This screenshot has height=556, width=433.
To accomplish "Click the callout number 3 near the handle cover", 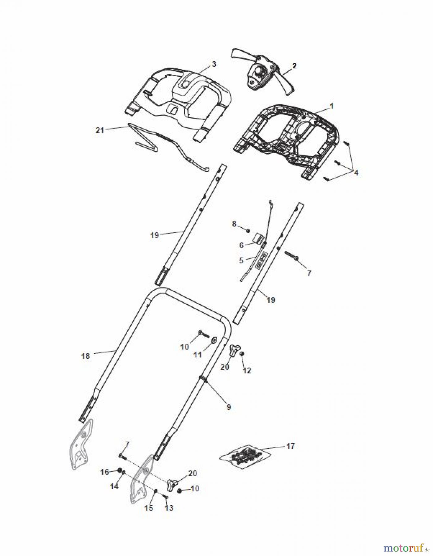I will pos(214,64).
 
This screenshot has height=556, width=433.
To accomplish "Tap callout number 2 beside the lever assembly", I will pos(294,65).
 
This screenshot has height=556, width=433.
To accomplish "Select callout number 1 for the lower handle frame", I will pos(332,106).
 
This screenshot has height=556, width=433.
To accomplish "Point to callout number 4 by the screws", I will pos(356,173).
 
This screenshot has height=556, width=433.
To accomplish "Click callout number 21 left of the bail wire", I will pos(100,130).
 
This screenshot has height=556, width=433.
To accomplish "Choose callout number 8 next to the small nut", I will pos(234,223).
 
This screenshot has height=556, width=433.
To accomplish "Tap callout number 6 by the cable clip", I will pos(241,245).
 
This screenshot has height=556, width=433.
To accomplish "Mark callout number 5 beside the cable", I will pos(241,260).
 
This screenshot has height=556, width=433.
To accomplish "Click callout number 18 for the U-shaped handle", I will pos(85,356).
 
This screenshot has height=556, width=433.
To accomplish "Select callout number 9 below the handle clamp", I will pos(229,407).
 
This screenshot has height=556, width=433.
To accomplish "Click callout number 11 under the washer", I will pos(197,355).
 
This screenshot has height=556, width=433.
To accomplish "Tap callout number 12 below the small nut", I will pos(247,370).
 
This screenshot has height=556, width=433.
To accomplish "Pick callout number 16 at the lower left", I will pos(104,472).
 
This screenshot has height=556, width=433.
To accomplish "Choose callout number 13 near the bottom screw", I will pos(169,508).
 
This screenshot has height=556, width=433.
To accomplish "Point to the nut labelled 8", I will pos(248,230).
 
